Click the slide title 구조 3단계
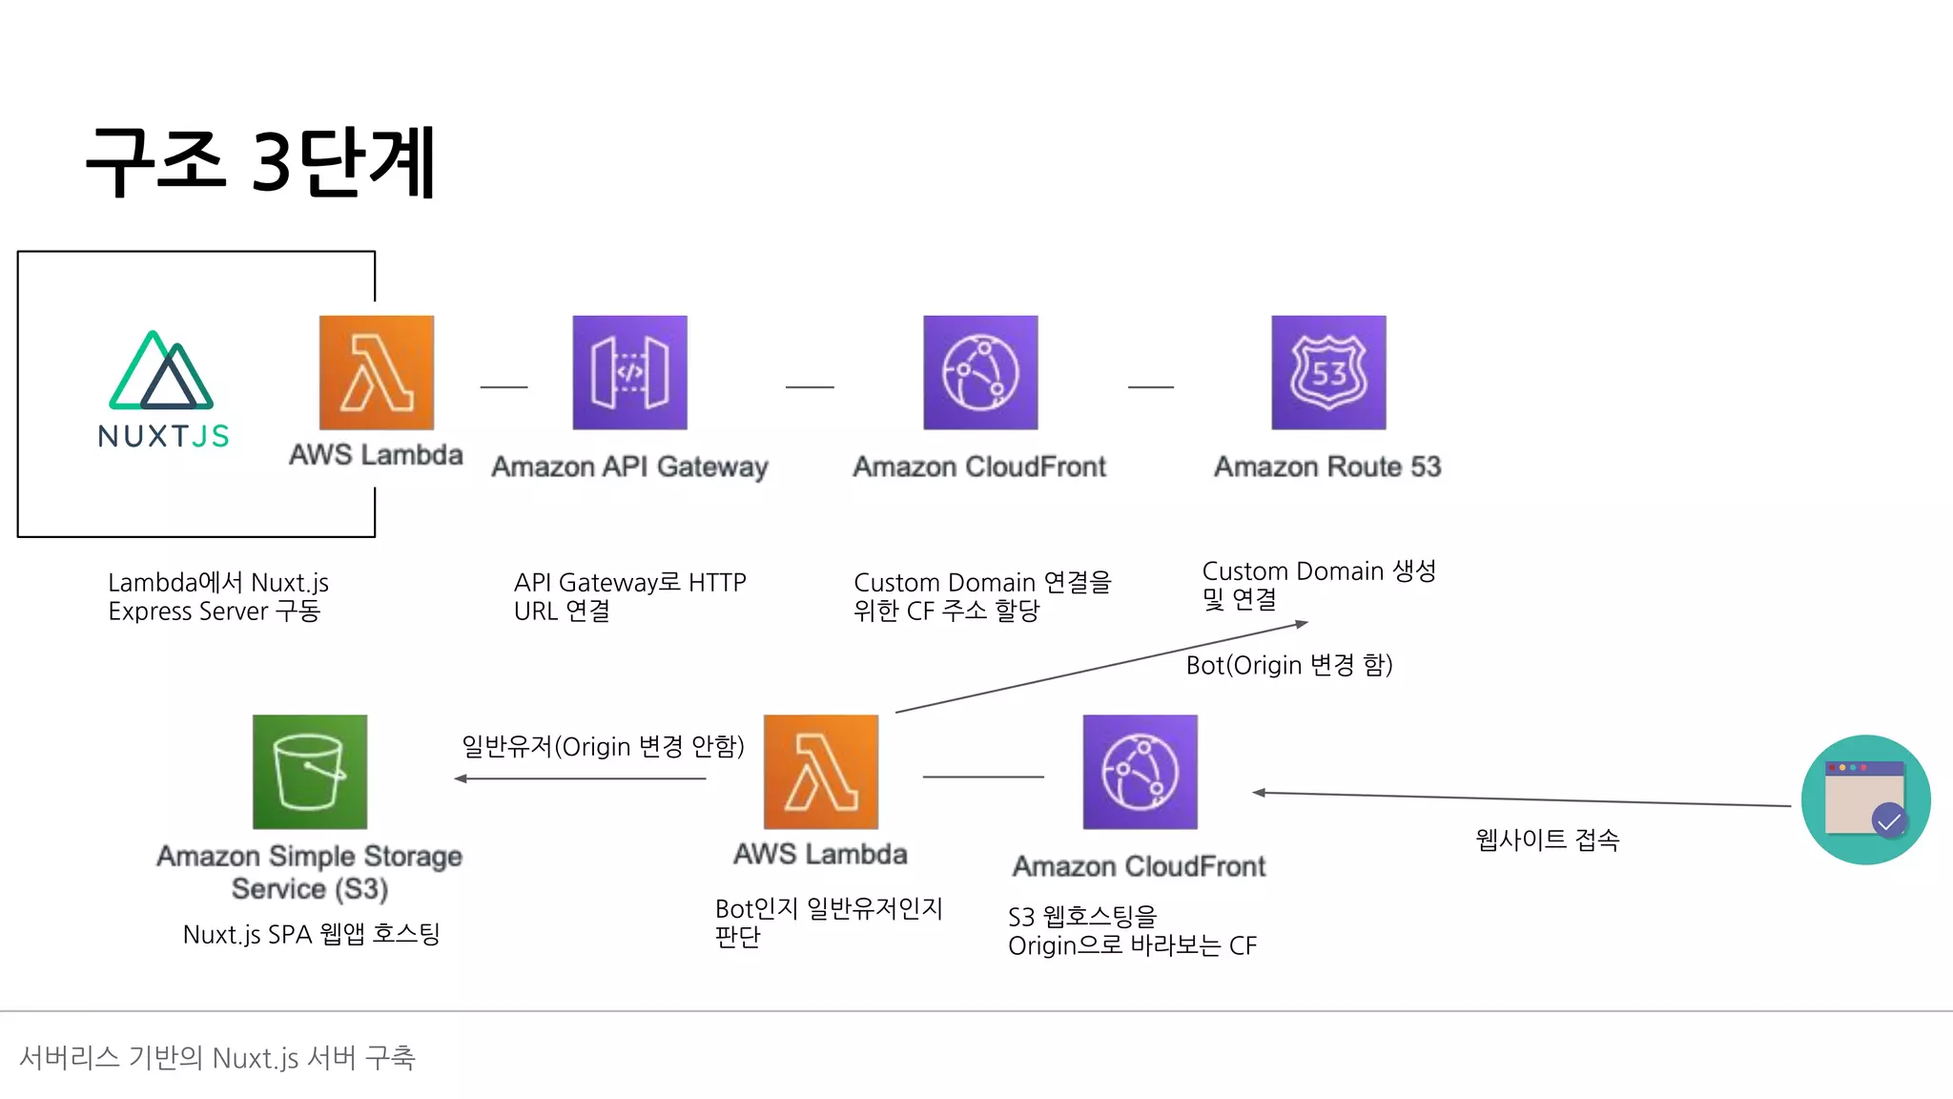(260, 162)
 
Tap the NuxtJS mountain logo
(162, 371)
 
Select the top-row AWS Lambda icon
(377, 372)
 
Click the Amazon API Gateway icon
(629, 372)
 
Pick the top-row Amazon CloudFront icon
(980, 372)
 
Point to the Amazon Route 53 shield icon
(1328, 372)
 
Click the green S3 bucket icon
(310, 772)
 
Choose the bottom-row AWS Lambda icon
(821, 772)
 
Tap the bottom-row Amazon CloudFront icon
(1141, 772)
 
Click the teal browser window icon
(1865, 799)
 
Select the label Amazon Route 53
(1327, 467)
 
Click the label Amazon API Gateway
(629, 467)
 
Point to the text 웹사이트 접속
(1547, 840)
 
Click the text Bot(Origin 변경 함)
(1289, 665)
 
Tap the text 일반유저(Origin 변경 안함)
(603, 746)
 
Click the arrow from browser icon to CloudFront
(1521, 799)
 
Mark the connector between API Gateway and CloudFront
(810, 387)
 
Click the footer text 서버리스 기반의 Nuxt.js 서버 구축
(217, 1057)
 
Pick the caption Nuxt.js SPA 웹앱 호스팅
(311, 934)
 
